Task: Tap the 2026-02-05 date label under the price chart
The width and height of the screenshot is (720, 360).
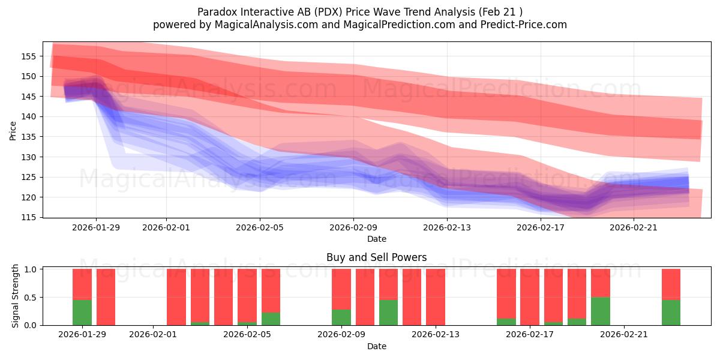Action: click(x=260, y=227)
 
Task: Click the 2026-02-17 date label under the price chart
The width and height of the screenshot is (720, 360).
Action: click(x=541, y=227)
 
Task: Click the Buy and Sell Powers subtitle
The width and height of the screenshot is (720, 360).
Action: click(x=376, y=257)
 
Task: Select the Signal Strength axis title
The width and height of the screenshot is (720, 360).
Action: click(x=16, y=296)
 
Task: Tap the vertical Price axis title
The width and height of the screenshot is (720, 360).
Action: click(x=13, y=130)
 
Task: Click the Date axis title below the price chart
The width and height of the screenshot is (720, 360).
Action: click(x=376, y=239)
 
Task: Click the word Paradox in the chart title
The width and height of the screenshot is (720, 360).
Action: click(x=217, y=11)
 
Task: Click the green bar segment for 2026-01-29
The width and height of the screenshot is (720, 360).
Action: click(x=82, y=312)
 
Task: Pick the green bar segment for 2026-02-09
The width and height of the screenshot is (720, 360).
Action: click(x=341, y=317)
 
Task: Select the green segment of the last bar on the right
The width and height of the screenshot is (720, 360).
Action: click(x=671, y=312)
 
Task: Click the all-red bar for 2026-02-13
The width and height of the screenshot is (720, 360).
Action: click(x=436, y=297)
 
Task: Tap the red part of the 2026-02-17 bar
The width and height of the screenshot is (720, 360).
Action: click(x=530, y=297)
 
